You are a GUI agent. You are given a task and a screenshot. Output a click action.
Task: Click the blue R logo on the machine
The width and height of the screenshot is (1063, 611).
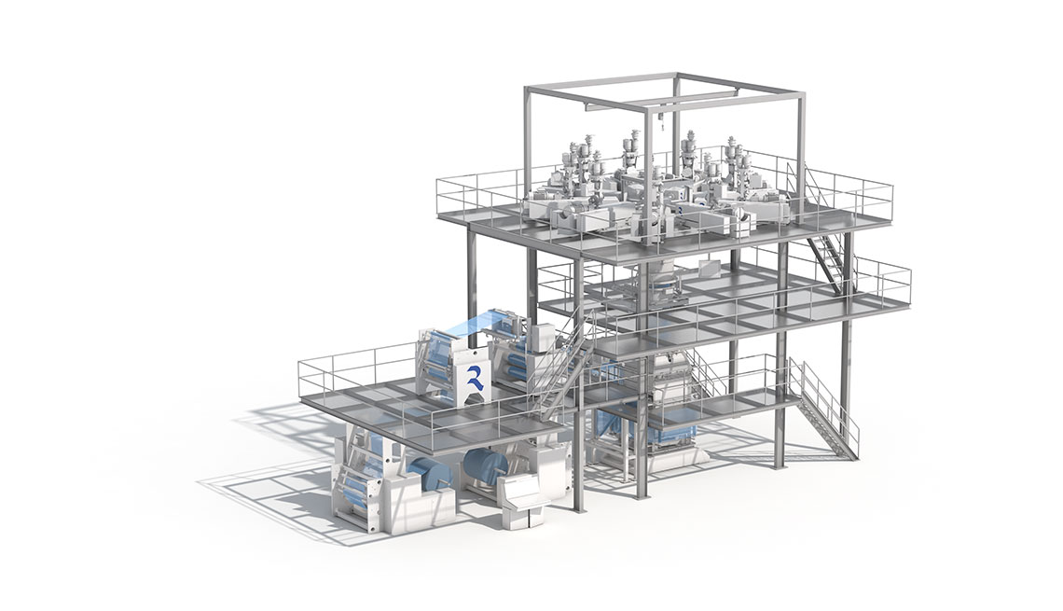pos(473,380)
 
